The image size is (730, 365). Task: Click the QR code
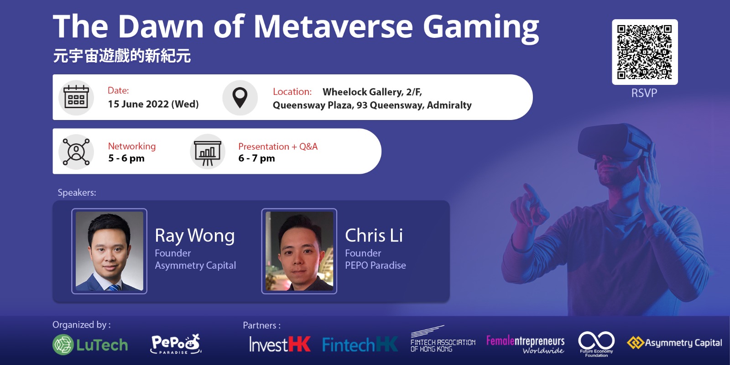tap(645, 52)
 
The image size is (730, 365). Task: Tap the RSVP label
tap(644, 93)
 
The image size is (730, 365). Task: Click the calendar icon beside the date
tap(76, 97)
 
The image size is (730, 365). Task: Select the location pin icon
tap(240, 98)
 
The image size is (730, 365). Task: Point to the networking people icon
tap(76, 152)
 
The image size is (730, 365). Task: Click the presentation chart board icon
tap(208, 152)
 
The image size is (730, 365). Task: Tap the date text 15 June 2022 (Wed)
tap(153, 104)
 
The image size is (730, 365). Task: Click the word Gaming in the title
tap(481, 28)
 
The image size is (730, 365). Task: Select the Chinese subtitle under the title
tap(122, 56)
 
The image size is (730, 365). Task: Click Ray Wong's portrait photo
tap(109, 251)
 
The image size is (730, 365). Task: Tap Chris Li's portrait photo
tap(299, 251)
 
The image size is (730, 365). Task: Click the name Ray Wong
tap(194, 235)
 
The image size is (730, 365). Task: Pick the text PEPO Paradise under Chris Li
tap(375, 265)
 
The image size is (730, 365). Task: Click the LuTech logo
tap(90, 344)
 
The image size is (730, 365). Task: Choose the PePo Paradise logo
tap(176, 344)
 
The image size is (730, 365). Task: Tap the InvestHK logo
tap(280, 344)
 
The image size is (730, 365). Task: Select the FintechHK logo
tap(360, 344)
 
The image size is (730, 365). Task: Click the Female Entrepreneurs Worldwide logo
tap(525, 345)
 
